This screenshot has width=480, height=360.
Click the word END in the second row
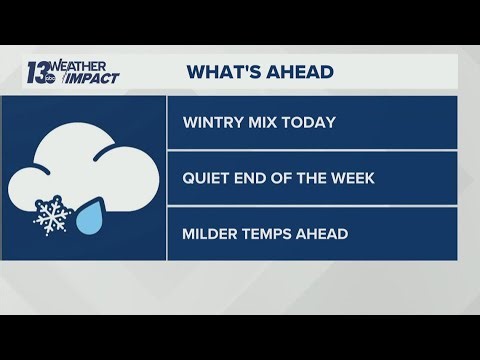pyautogui.click(x=254, y=180)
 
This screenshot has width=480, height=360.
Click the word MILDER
pyautogui.click(x=212, y=235)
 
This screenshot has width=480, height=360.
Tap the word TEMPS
pyautogui.click(x=270, y=235)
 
